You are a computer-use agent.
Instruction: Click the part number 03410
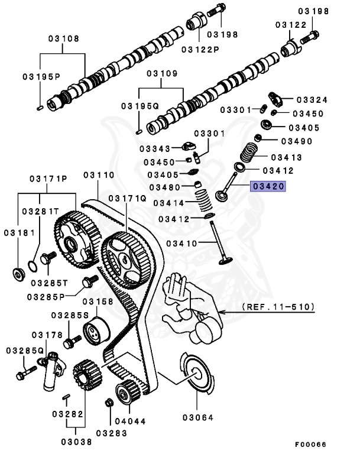pos(183,243)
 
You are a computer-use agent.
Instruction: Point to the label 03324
pos(312,100)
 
